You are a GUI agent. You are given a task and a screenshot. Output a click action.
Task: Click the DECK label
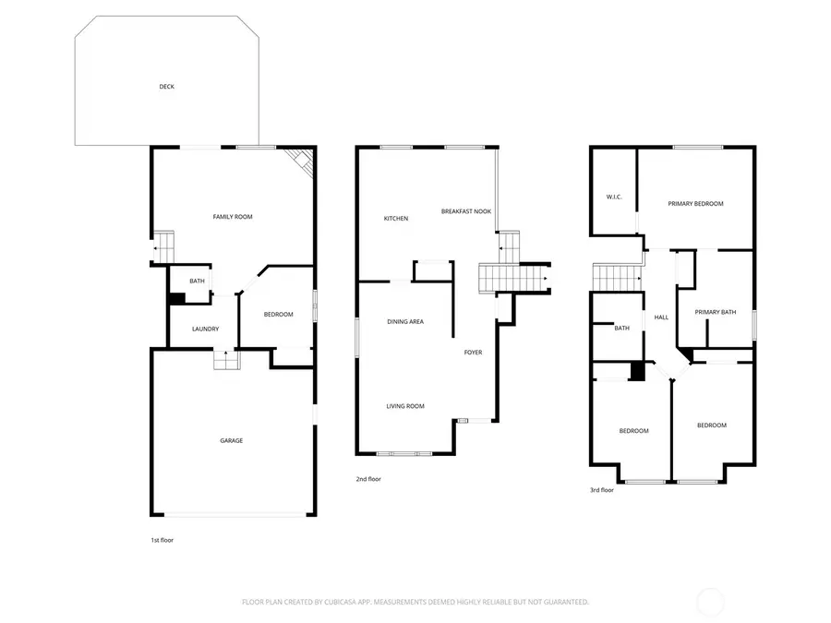pos(166,87)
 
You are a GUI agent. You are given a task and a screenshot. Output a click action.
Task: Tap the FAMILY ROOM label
pos(233,217)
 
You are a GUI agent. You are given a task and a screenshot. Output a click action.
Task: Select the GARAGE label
pos(231,440)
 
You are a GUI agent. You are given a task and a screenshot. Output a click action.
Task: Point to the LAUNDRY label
pos(205,329)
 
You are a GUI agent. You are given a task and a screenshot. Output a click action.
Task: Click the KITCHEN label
pos(396,219)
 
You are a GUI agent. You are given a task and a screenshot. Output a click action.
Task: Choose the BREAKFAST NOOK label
pos(466,211)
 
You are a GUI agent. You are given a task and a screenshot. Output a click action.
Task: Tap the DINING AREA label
pos(405,321)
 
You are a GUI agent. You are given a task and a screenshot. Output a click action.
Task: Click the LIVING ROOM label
pos(405,406)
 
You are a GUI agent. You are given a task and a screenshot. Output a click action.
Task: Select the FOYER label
pos(473,353)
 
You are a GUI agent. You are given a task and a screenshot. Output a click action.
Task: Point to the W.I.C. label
pos(613,197)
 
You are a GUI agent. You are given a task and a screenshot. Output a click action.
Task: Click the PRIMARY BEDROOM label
pos(695,204)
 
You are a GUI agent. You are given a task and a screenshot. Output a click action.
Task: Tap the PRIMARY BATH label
pos(716,312)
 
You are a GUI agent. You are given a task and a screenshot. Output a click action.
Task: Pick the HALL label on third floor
pos(661,317)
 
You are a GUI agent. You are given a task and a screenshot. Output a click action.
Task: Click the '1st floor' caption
pos(162,540)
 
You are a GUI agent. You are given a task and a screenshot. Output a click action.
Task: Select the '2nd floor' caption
pos(368,479)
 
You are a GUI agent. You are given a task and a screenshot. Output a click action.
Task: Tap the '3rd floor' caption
pos(602,490)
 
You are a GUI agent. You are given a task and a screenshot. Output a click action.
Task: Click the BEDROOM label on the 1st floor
pos(278,315)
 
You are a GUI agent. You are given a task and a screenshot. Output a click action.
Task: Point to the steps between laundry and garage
pos(226,360)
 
